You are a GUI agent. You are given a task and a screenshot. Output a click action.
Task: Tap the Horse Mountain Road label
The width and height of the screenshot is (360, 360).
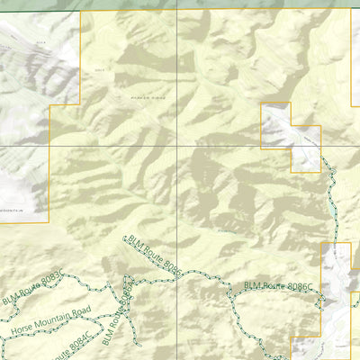45,319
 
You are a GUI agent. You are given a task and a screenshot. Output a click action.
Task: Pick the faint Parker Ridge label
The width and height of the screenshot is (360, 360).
148,95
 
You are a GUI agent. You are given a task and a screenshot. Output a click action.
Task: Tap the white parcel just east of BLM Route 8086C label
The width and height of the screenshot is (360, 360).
337,279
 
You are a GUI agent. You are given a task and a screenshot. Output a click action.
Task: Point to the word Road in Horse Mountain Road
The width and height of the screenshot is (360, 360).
69,311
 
